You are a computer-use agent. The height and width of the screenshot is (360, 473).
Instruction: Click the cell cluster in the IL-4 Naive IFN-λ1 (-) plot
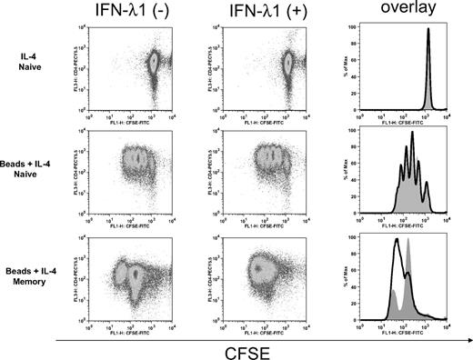click(x=154, y=64)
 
